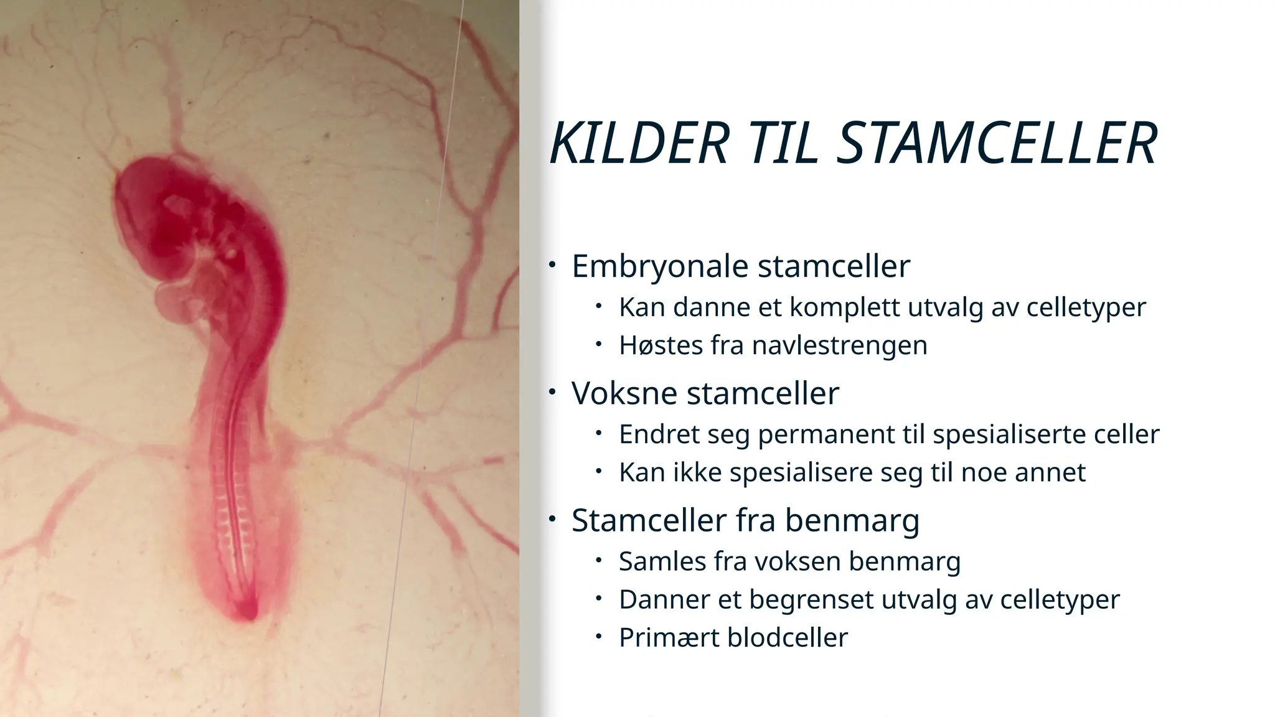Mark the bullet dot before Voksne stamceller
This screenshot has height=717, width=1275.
click(x=552, y=392)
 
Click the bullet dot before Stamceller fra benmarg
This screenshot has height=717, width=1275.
click(x=552, y=518)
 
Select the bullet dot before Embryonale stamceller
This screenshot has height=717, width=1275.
click(x=552, y=265)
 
